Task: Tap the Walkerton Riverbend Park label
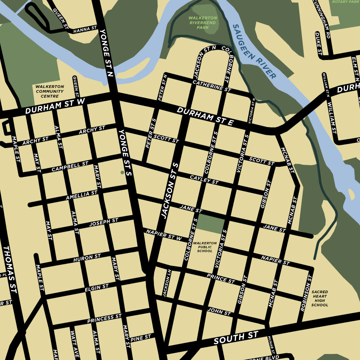click(x=203, y=23)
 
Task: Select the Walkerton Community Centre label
click(x=50, y=91)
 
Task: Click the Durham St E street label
click(x=205, y=116)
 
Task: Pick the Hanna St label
click(x=85, y=29)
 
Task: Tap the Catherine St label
click(x=212, y=86)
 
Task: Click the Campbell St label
click(x=70, y=166)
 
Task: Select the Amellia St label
click(x=82, y=195)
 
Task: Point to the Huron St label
click(x=87, y=258)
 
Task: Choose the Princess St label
click(x=104, y=319)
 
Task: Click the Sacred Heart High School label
click(x=320, y=298)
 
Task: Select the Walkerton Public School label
click(x=205, y=247)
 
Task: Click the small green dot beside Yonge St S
click(x=122, y=173)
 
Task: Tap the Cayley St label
click(x=204, y=180)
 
